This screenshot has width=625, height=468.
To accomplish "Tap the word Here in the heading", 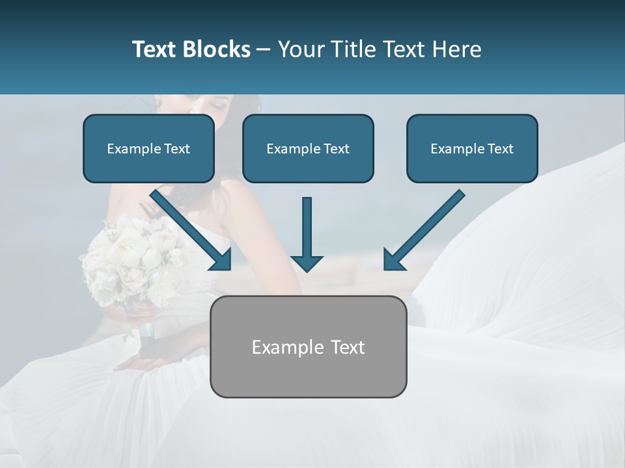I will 456,49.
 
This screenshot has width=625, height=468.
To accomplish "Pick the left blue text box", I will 148,149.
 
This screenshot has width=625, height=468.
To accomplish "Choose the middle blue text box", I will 308,149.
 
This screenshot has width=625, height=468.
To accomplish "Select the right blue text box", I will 472,149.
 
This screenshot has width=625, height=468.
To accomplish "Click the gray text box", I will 308,346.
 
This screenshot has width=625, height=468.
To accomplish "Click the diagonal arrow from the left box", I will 189,227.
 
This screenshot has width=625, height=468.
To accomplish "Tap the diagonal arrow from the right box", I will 426,227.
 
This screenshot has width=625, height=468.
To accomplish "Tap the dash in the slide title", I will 264,49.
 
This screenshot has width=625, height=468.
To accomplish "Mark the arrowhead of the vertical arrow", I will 307,262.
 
